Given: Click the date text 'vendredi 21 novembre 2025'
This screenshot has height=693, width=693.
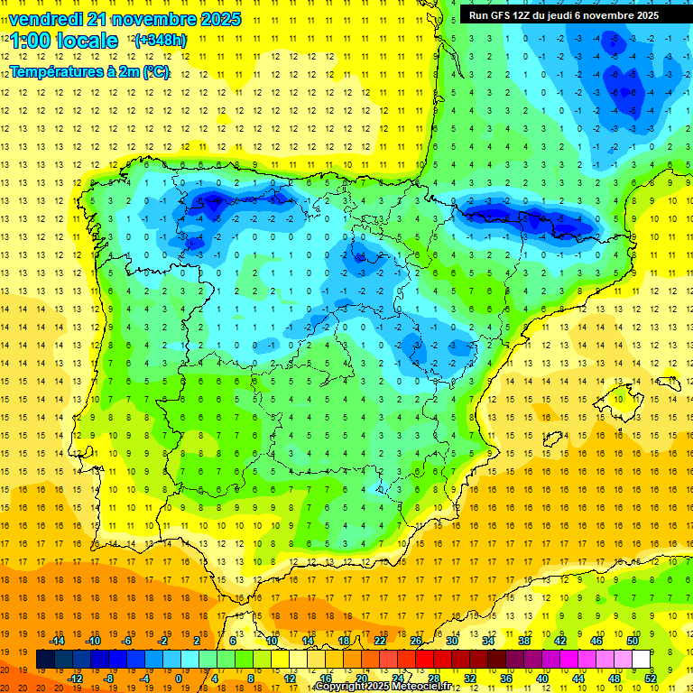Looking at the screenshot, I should pos(125,19).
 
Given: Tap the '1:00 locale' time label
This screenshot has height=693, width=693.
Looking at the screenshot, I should pos(64,41).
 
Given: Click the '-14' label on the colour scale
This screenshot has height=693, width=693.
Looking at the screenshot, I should pos(57,641).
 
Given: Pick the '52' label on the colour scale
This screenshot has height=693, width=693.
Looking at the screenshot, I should pos(651,678).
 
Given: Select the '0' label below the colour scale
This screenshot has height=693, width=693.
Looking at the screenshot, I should pos(179,678).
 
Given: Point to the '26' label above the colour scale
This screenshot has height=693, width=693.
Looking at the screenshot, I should pos(416,641).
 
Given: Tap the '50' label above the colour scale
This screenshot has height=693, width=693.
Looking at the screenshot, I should pos(632,641).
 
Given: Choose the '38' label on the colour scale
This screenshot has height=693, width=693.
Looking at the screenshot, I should pos(523,641).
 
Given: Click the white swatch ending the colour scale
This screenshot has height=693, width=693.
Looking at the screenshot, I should pos(641,659).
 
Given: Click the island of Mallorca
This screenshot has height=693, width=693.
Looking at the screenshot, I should pos(619,398).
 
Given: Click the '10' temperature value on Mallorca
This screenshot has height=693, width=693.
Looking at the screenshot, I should pos(617,399).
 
